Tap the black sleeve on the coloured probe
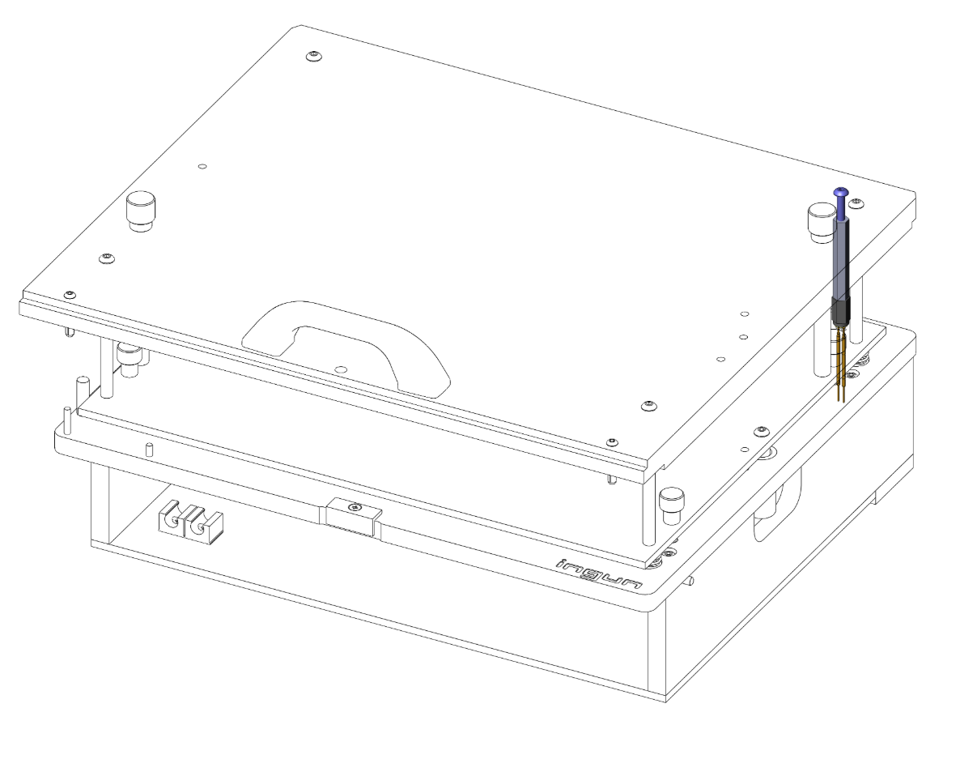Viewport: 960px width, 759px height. click(840, 310)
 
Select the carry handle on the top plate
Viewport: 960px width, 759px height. click(347, 343)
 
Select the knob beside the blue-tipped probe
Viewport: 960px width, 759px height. click(821, 222)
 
